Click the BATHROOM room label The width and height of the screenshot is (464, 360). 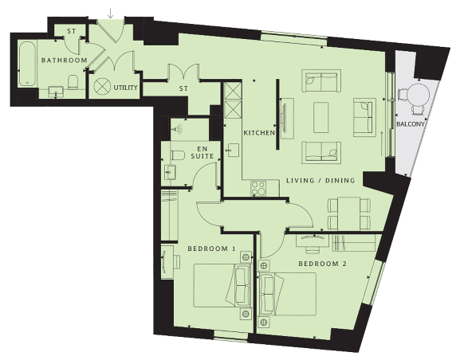click(x=65, y=61)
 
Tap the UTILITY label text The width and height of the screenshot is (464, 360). click(x=125, y=88)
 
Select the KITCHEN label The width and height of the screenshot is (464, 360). click(x=259, y=133)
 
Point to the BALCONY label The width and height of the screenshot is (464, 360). click(x=411, y=124)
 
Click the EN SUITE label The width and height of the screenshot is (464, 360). click(x=203, y=152)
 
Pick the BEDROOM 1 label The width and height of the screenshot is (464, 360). click(x=211, y=248)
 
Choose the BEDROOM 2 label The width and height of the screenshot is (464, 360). click(x=322, y=264)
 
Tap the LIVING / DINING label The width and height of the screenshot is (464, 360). click(x=320, y=181)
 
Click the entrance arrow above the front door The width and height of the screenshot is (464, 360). click(x=110, y=14)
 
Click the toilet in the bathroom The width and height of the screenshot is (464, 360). click(x=73, y=82)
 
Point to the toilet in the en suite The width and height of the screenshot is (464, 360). click(x=178, y=155)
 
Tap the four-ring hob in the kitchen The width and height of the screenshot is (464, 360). click(x=258, y=188)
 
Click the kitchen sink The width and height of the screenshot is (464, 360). click(x=234, y=151)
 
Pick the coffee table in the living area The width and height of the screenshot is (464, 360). click(x=320, y=118)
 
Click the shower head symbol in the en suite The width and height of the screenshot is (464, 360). click(x=178, y=129)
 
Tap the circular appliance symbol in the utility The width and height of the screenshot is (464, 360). click(x=102, y=86)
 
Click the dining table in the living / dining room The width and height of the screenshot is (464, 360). click(x=349, y=213)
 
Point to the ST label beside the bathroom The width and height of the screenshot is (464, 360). click(x=71, y=31)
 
